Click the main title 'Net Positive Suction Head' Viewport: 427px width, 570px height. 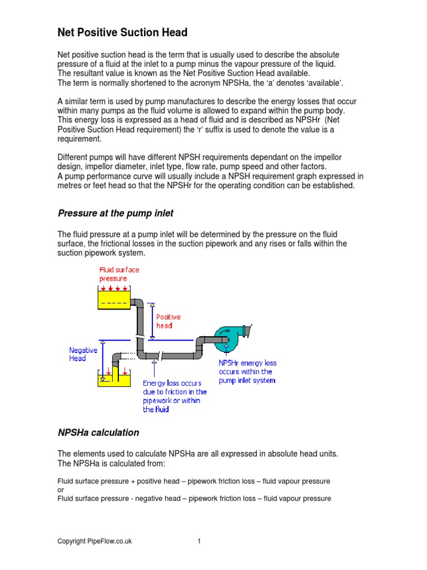click(x=122, y=33)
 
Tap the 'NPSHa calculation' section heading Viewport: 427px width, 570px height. click(x=98, y=433)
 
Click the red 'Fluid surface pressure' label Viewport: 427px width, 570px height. click(x=119, y=274)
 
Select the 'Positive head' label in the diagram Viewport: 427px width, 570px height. click(x=168, y=321)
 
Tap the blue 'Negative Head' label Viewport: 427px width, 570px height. click(x=83, y=354)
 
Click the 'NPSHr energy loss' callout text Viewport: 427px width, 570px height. click(x=247, y=371)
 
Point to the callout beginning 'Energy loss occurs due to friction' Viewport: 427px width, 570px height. click(x=175, y=396)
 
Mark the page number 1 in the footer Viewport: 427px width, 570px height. click(x=198, y=541)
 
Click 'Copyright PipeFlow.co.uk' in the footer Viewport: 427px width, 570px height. click(x=95, y=541)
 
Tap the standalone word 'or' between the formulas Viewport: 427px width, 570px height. click(x=61, y=490)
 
